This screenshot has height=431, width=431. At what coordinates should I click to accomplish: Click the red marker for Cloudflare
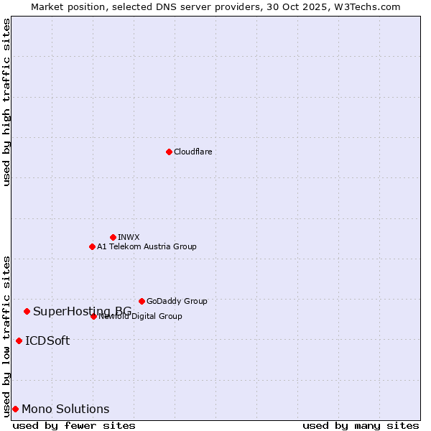coord(169,152)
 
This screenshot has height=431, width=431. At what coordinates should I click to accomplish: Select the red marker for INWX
coord(113,237)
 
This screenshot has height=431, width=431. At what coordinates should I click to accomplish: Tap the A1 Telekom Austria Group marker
coord(92,246)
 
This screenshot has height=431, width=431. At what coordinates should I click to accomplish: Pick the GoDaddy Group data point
coord(142,301)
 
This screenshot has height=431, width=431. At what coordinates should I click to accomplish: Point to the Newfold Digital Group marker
coord(93,316)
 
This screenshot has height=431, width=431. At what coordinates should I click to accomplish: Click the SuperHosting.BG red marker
coord(27,311)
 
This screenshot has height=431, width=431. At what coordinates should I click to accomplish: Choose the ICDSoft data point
coord(19,340)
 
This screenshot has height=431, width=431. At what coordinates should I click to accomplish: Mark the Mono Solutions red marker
coord(15,409)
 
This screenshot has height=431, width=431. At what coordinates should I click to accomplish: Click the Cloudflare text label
coord(193,152)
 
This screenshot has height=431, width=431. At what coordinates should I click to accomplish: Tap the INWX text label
coord(129,237)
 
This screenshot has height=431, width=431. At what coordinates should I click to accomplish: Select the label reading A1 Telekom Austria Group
coord(147,246)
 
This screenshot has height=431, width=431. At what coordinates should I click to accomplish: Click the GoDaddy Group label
coord(177,301)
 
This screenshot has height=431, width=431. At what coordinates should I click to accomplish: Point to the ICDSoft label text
coord(47,340)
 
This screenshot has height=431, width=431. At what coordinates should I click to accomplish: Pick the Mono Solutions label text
coord(65,409)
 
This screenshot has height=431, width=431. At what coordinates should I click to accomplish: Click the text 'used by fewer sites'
coord(74,425)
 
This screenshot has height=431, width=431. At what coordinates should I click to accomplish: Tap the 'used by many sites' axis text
coord(361,425)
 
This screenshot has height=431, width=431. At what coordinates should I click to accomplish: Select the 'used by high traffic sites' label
coord(6,102)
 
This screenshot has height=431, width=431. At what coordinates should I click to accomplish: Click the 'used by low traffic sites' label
coord(6,336)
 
